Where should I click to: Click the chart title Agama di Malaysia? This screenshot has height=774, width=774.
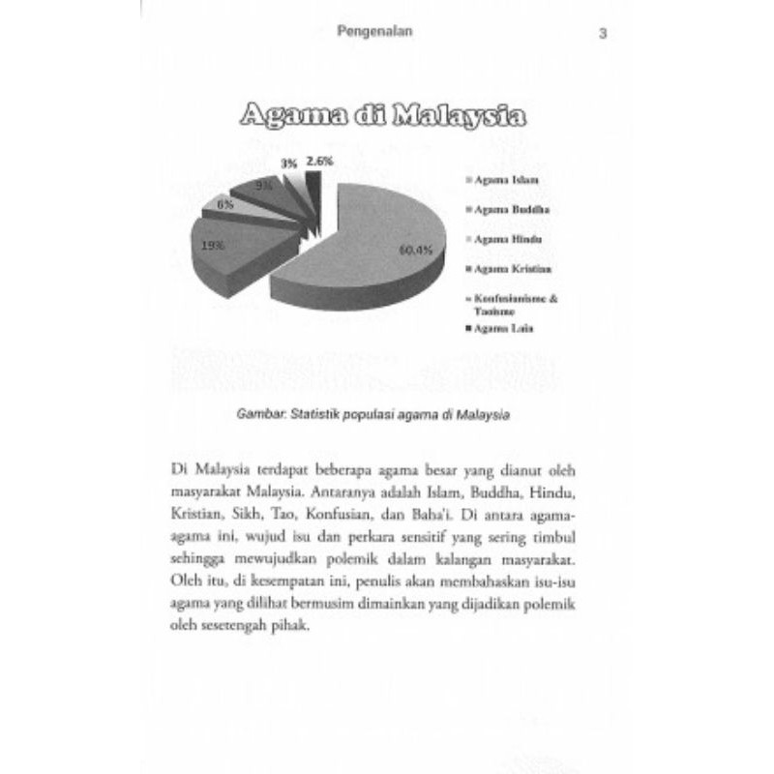383,116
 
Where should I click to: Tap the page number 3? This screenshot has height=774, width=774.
603,34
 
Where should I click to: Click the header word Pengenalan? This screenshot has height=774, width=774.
376,31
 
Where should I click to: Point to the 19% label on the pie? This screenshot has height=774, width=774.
214,246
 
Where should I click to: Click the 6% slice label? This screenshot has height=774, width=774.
224,204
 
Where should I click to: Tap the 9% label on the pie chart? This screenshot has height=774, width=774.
263,184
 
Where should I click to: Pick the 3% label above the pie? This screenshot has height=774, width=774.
289,164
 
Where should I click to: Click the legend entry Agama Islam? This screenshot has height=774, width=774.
504,180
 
